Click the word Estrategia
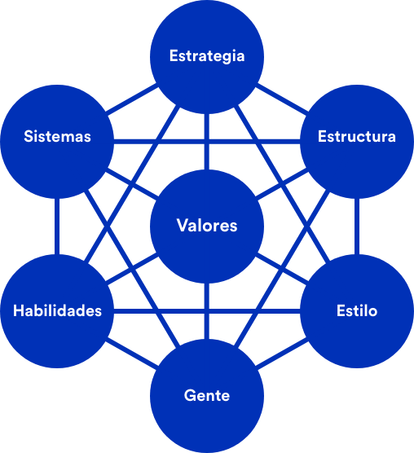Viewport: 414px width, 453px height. [207, 56]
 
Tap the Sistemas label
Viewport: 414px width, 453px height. [57, 136]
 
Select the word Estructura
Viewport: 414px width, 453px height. [357, 136]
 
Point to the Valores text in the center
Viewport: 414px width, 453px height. [207, 226]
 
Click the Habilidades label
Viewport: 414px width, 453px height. [57, 310]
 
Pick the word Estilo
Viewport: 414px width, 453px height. [357, 310]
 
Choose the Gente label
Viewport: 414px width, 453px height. [207, 395]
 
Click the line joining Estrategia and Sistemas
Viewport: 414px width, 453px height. [132, 99]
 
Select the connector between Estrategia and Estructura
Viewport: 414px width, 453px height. [282, 99]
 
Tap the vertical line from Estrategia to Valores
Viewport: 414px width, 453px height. [206, 142]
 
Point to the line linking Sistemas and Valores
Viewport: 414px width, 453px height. [132, 184]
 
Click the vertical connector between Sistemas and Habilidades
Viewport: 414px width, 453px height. [57, 226]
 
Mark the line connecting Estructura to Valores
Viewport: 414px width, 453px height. [282, 184]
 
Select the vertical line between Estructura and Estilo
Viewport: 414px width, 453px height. [357, 226]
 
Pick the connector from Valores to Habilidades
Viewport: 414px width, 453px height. [132, 269]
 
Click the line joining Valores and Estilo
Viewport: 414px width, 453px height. [282, 269]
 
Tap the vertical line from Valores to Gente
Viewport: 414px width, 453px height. [206, 311]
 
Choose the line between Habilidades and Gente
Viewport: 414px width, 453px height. [132, 354]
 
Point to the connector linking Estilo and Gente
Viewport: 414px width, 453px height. [282, 354]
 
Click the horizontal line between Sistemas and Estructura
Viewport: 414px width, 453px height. [207, 142]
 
